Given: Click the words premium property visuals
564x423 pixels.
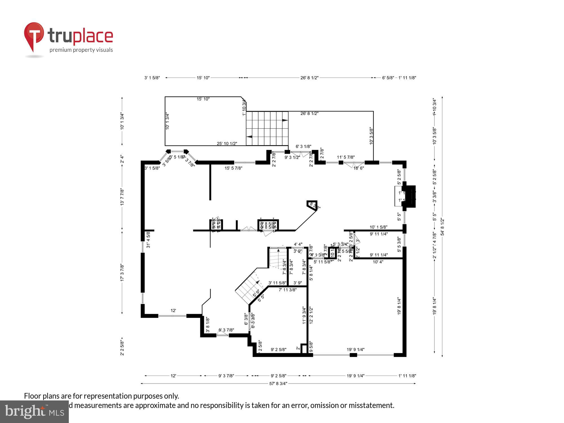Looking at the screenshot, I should [x=81, y=50].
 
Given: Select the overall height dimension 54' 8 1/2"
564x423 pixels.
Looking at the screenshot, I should [x=442, y=227].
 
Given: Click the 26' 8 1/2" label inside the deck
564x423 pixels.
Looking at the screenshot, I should [x=309, y=113].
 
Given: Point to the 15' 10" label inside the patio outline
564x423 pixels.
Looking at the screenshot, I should [x=203, y=99].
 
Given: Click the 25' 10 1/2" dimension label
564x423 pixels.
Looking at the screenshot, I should [x=227, y=144].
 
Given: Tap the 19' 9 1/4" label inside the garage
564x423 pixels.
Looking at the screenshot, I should [x=355, y=350].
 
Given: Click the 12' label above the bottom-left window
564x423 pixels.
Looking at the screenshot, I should [x=173, y=310].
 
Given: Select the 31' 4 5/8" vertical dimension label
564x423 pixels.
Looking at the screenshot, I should [x=148, y=240].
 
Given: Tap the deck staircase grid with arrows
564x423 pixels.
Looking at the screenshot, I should [x=267, y=128].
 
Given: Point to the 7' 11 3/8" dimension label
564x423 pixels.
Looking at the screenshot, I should [x=287, y=290].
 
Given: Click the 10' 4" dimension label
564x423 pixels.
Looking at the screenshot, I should [x=378, y=262].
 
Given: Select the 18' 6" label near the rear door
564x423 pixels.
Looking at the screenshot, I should [x=359, y=168].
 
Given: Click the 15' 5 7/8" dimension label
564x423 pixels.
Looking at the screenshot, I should [x=233, y=168].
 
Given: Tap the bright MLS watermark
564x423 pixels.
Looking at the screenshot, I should [x=34, y=412].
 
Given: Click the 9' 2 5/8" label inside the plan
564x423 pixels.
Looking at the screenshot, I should [x=278, y=350].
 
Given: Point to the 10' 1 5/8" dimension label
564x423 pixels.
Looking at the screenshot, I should [x=378, y=227].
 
